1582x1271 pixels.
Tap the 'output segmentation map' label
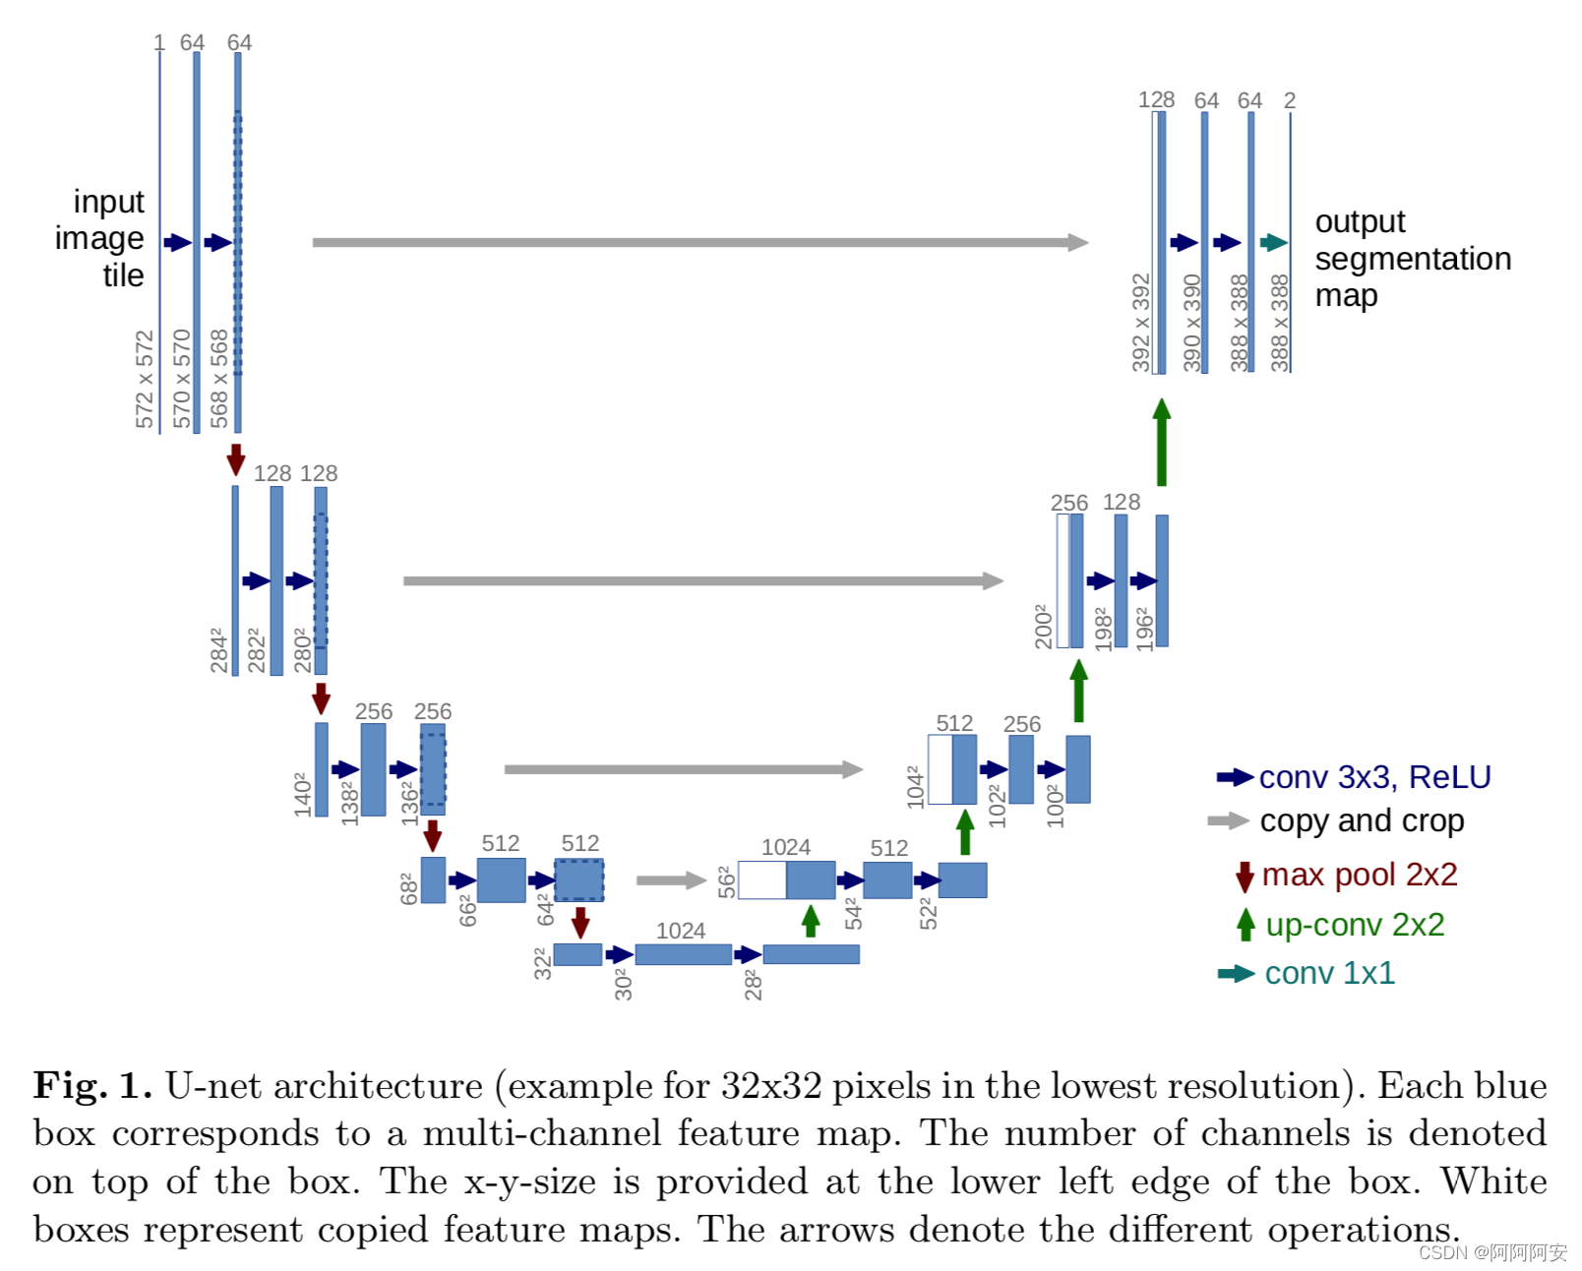(1411, 259)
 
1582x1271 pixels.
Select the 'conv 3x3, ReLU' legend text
(1374, 777)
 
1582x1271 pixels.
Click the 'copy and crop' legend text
(1362, 820)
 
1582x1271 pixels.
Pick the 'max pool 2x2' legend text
(1359, 875)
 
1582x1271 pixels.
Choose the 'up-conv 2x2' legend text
(1355, 925)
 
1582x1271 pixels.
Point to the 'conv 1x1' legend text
(1329, 973)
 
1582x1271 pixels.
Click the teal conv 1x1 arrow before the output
(1273, 242)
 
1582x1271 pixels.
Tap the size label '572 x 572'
(146, 380)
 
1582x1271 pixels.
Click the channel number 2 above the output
(1290, 100)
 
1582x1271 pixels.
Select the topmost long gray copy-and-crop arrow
(700, 242)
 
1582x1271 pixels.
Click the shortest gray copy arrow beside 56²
(671, 879)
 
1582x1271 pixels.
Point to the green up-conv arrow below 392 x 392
(1162, 442)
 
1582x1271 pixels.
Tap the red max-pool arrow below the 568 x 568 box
(236, 458)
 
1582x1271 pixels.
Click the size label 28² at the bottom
(754, 985)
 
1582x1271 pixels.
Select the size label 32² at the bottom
(542, 963)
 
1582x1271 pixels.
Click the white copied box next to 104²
(940, 769)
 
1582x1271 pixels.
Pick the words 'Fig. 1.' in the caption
(92, 1086)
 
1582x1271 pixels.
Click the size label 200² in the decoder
(1044, 626)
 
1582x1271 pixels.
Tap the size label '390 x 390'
(1191, 323)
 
